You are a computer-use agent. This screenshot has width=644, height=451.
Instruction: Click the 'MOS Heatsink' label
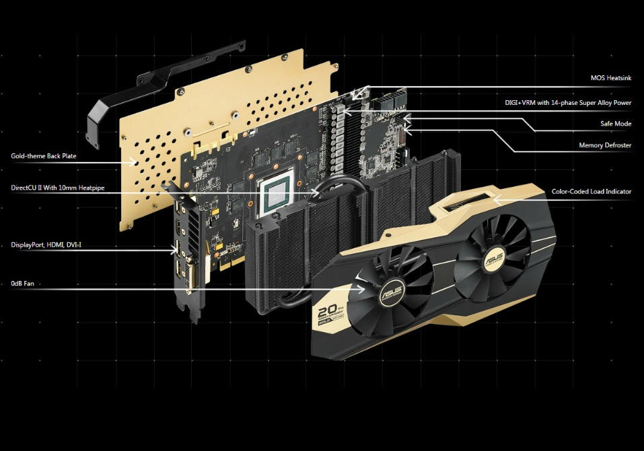tap(610, 78)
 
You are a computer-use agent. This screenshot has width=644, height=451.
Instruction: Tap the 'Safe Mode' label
tap(616, 124)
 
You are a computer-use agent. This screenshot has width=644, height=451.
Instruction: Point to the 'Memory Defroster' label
tap(605, 145)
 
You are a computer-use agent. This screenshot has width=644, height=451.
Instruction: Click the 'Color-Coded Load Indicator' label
tap(592, 192)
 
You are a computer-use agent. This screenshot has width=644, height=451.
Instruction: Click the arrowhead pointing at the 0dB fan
tap(363, 290)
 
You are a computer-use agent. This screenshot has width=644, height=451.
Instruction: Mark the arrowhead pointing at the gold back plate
tap(139, 161)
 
